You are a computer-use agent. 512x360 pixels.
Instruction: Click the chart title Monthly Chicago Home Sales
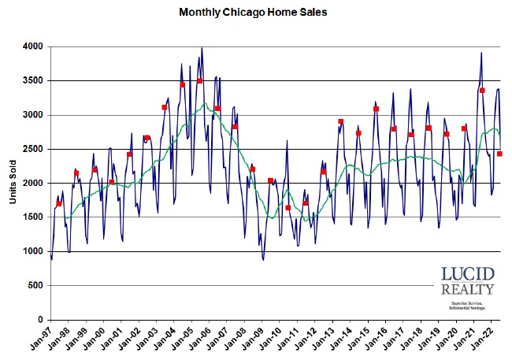(253, 12)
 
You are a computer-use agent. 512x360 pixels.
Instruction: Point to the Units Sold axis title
(13, 183)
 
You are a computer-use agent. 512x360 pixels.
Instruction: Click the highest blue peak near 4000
(202, 48)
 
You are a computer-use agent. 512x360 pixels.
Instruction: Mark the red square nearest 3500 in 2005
(199, 80)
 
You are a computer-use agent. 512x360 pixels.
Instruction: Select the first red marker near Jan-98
(59, 204)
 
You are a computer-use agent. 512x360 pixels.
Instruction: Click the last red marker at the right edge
(499, 154)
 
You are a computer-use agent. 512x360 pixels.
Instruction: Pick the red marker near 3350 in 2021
(482, 91)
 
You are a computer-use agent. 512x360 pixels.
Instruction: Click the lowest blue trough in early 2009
(263, 259)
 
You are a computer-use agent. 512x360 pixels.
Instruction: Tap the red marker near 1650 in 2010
(288, 207)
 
